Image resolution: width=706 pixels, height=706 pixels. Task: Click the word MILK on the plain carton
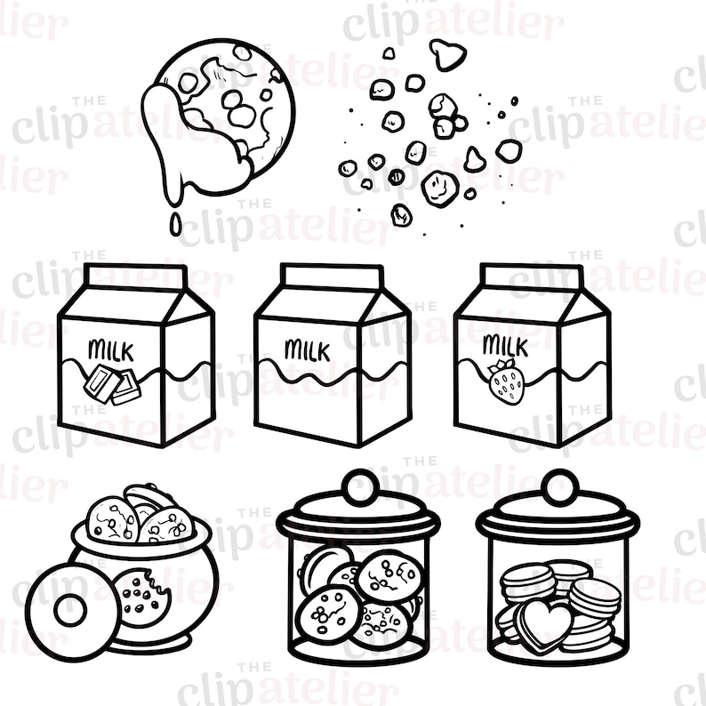[x=307, y=349]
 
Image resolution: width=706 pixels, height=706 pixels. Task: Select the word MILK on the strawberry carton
[x=503, y=344]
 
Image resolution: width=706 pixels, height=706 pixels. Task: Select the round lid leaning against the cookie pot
[x=69, y=609]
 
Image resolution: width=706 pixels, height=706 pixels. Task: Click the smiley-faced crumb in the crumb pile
[x=437, y=186]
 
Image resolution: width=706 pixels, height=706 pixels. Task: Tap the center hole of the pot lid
[x=69, y=610]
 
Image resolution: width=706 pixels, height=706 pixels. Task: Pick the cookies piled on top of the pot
[x=138, y=518]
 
